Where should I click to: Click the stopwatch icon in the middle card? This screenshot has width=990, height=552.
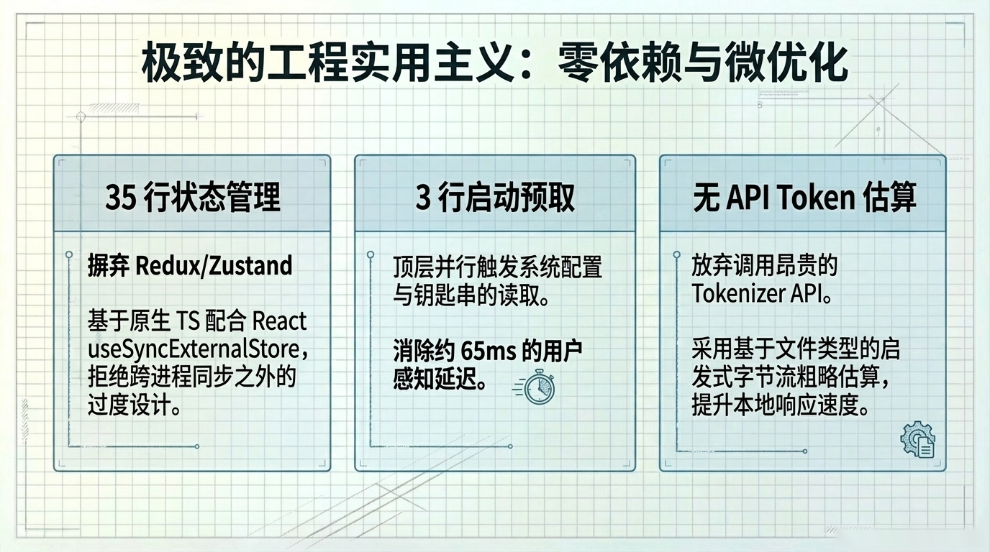(x=538, y=387)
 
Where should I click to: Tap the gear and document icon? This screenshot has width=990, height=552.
(x=917, y=441)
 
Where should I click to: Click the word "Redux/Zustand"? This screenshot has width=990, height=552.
(x=214, y=266)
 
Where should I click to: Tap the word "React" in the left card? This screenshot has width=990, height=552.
(x=280, y=321)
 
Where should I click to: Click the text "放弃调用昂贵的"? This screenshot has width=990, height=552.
(x=765, y=266)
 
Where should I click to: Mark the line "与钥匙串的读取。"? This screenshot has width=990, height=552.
(x=472, y=295)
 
